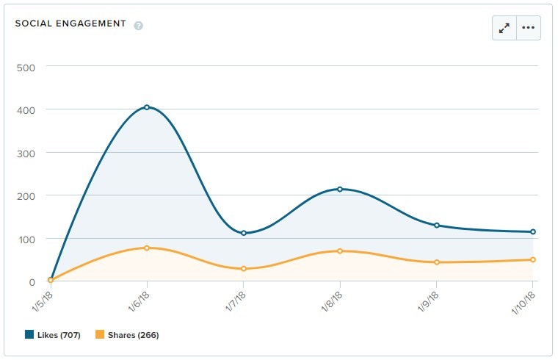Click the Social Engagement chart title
[70, 24]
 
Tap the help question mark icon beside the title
[139, 26]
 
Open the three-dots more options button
[529, 28]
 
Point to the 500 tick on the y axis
[26, 66]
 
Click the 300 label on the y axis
[26, 153]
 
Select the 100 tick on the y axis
[26, 239]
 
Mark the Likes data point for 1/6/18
[147, 107]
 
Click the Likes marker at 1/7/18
[244, 233]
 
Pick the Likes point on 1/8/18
[340, 190]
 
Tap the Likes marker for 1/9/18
[437, 226]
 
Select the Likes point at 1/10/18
[533, 232]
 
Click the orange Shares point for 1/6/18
[147, 248]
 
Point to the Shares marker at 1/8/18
[340, 251]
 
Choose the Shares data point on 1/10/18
[533, 259]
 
